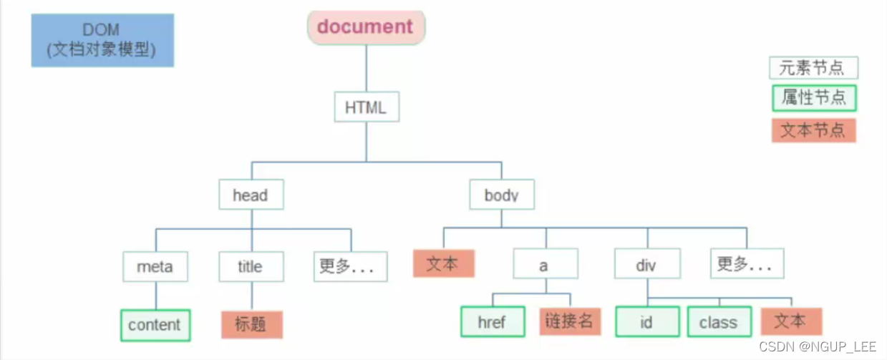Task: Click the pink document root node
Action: point(366,26)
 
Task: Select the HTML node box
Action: point(366,108)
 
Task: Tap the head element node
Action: point(251,195)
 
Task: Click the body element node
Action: point(501,195)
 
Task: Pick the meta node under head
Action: point(155,266)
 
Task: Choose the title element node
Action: point(251,266)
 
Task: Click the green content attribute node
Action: point(155,324)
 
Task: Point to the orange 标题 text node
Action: point(251,324)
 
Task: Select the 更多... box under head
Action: point(350,266)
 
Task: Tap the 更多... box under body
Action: point(747,264)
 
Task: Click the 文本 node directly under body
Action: point(443,263)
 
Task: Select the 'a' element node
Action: point(544,266)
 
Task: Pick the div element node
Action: point(646,266)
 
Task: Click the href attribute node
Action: point(492,321)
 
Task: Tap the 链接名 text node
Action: point(569,321)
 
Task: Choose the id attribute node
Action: point(646,321)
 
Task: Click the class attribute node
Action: point(719,321)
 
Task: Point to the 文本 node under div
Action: point(790,321)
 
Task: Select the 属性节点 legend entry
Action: point(814,98)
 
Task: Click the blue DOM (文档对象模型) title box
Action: point(102,40)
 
